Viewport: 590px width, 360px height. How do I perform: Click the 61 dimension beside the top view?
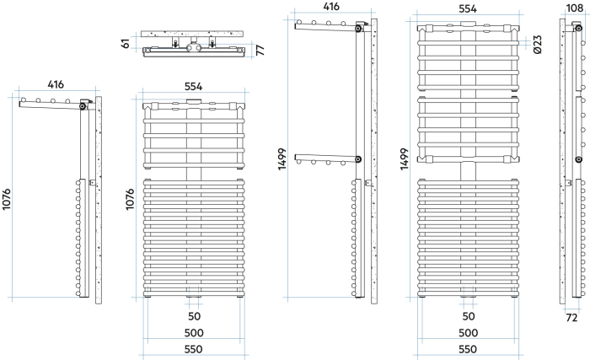click(x=126, y=43)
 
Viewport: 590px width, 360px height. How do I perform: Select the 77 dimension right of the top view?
click(x=260, y=51)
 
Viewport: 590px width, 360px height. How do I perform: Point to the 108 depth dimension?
click(x=575, y=8)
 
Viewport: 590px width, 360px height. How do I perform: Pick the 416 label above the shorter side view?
click(x=56, y=85)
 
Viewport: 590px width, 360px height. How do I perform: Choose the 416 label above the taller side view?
click(x=331, y=7)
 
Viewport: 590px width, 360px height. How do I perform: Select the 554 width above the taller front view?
click(x=466, y=8)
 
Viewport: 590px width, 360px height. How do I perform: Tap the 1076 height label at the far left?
click(x=8, y=223)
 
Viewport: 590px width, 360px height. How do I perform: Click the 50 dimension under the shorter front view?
click(x=194, y=316)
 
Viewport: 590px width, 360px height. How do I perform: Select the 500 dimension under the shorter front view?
click(x=194, y=333)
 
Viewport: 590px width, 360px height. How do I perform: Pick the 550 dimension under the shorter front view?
click(x=194, y=349)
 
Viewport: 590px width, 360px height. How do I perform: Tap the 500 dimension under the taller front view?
click(x=469, y=333)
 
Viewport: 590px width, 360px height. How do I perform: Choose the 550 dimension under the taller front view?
click(x=469, y=349)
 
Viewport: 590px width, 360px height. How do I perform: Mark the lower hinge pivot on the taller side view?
click(x=358, y=160)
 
